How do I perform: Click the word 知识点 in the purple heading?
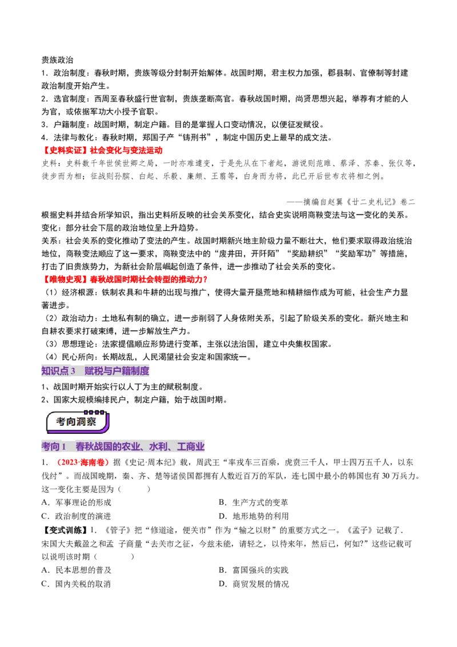(x=55, y=371)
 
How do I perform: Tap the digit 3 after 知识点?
(x=73, y=371)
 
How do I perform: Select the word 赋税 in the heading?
(x=93, y=371)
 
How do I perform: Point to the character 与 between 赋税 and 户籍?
(x=107, y=371)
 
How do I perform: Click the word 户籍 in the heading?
(x=122, y=371)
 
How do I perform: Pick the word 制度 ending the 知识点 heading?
(x=141, y=371)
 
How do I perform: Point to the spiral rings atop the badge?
(x=94, y=412)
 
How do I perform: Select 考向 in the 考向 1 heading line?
(x=51, y=446)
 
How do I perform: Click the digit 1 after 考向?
(x=65, y=446)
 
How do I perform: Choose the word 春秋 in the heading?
(x=85, y=446)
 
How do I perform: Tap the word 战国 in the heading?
(x=103, y=446)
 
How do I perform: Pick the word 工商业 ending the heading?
(x=191, y=446)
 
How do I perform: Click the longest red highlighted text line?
(x=126, y=279)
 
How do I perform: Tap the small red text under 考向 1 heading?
(x=82, y=462)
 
